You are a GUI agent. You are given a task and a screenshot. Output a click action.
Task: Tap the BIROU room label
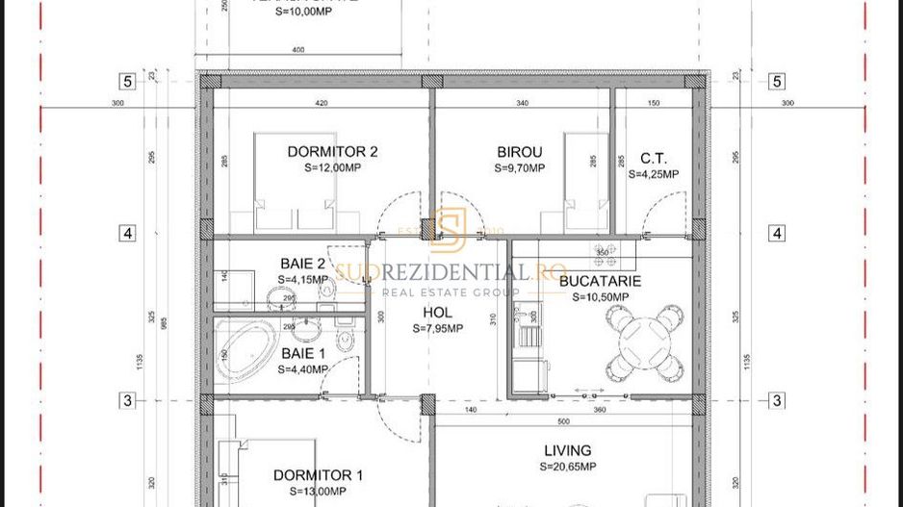[520, 151]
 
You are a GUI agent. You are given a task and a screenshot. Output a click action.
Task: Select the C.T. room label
[653, 159]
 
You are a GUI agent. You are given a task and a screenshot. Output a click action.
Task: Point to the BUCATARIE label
[600, 282]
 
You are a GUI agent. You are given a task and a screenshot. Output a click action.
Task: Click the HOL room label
[438, 313]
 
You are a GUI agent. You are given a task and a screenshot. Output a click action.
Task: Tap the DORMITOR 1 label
[318, 474]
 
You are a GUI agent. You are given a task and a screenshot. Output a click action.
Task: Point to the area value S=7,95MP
[438, 328]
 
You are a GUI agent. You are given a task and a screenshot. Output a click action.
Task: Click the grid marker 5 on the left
[127, 82]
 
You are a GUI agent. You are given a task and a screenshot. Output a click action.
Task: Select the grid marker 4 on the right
[776, 233]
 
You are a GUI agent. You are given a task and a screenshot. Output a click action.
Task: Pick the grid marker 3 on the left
[127, 400]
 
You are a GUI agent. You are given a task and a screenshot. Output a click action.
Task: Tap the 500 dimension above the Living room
[563, 420]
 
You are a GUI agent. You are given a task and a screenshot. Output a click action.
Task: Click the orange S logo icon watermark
[449, 229]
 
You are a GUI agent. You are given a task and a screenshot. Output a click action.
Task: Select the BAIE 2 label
[296, 264]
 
